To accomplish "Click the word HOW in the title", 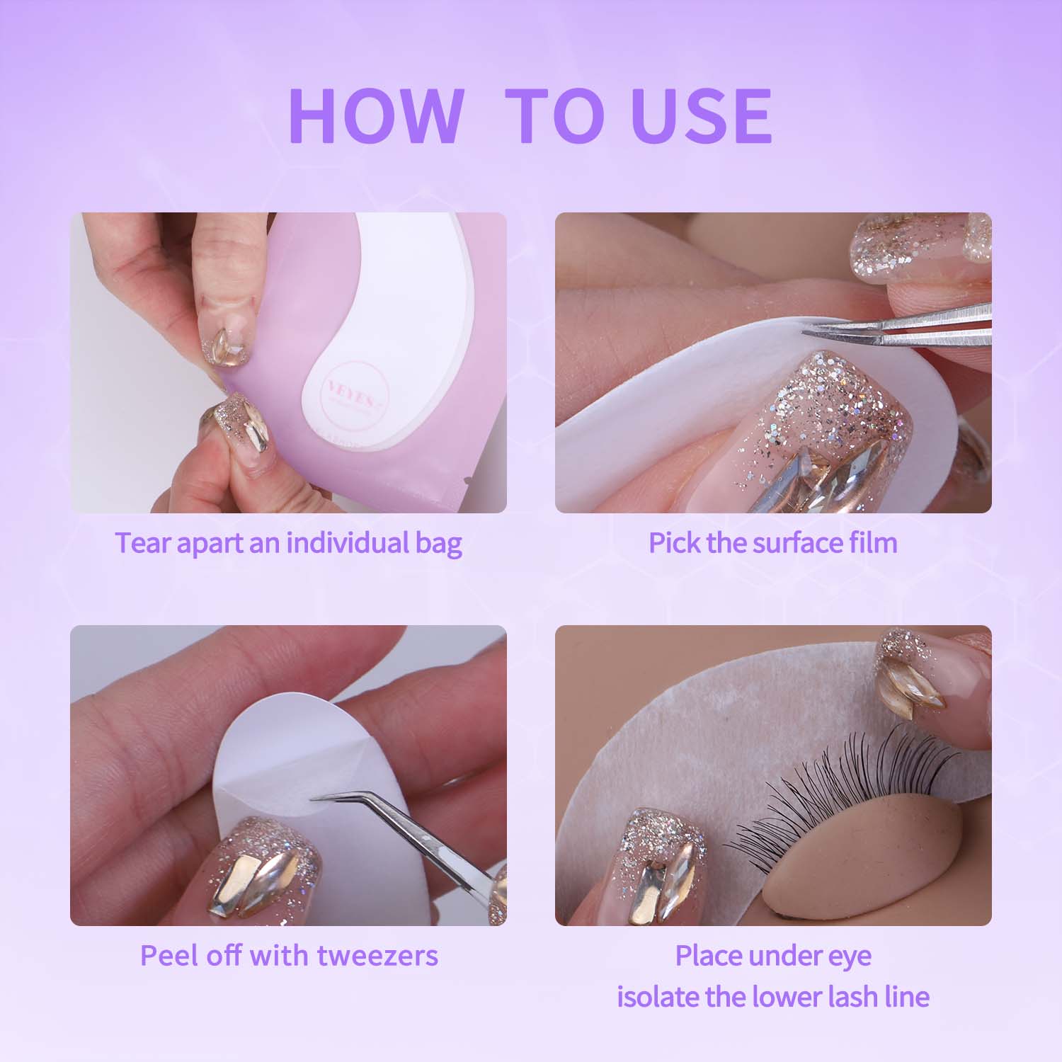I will tap(375, 116).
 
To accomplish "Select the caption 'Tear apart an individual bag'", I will tap(288, 543).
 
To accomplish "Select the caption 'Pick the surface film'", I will tap(773, 543).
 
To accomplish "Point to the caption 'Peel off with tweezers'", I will tap(289, 955).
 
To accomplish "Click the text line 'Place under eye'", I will tap(773, 955).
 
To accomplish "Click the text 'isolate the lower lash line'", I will tap(773, 996).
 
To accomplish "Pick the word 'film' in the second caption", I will tap(874, 543).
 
